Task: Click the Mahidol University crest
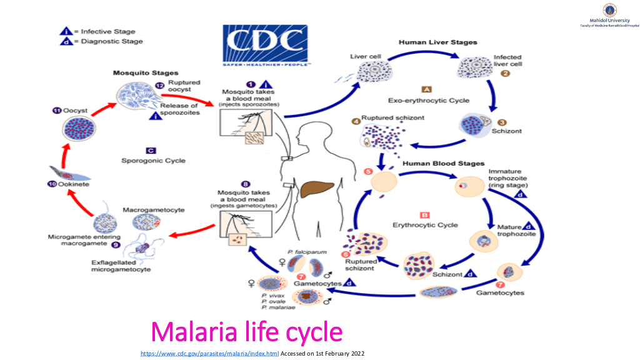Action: click(609, 10)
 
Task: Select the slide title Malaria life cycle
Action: click(247, 331)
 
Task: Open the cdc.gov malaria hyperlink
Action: click(209, 354)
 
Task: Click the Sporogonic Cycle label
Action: click(153, 161)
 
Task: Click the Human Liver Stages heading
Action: click(437, 42)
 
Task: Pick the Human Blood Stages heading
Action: click(443, 164)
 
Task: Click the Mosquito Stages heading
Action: click(145, 73)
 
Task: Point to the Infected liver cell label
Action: click(507, 60)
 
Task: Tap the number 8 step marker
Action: click(246, 184)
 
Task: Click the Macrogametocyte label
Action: click(153, 210)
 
